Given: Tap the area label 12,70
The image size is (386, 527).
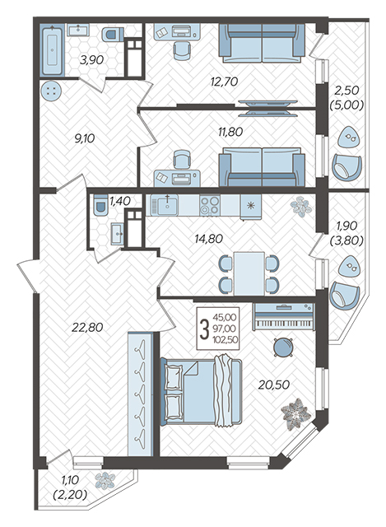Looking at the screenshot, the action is click(x=224, y=82).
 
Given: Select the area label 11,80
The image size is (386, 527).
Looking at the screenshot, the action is click(x=230, y=132).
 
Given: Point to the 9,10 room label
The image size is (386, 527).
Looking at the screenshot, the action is click(x=85, y=138).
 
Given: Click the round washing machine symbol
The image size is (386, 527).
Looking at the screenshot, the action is click(x=51, y=91).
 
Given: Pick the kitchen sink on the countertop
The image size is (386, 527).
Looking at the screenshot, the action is click(x=165, y=205).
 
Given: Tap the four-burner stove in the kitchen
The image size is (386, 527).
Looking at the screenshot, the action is click(x=210, y=205).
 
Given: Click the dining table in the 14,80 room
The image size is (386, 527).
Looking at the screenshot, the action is click(x=249, y=273).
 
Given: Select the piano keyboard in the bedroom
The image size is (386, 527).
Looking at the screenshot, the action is click(x=284, y=315).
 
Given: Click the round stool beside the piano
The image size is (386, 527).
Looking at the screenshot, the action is click(x=283, y=347).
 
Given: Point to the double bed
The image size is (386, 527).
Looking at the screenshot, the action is click(x=201, y=391).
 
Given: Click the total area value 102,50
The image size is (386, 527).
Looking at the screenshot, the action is click(x=225, y=340).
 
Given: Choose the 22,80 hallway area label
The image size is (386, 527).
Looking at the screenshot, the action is click(x=87, y=327).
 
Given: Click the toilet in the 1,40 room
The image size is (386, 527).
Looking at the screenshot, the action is click(x=100, y=204).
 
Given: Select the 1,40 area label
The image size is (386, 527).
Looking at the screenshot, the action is click(x=120, y=201).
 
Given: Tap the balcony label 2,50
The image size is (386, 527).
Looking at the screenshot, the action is click(x=346, y=90).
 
